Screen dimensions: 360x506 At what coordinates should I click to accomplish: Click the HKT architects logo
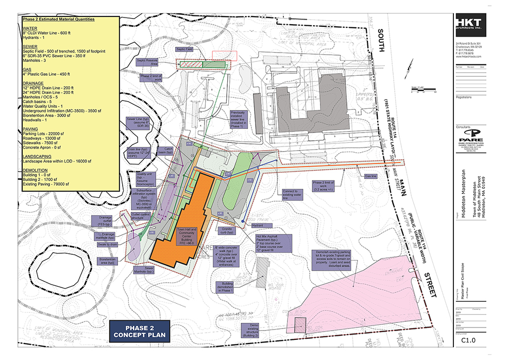pos(471,25)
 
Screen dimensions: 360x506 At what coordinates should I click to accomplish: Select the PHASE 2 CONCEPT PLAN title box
pos(139,331)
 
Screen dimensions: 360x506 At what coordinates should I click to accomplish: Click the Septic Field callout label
pos(184,50)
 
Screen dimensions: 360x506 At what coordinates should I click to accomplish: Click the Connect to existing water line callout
pos(291,193)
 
